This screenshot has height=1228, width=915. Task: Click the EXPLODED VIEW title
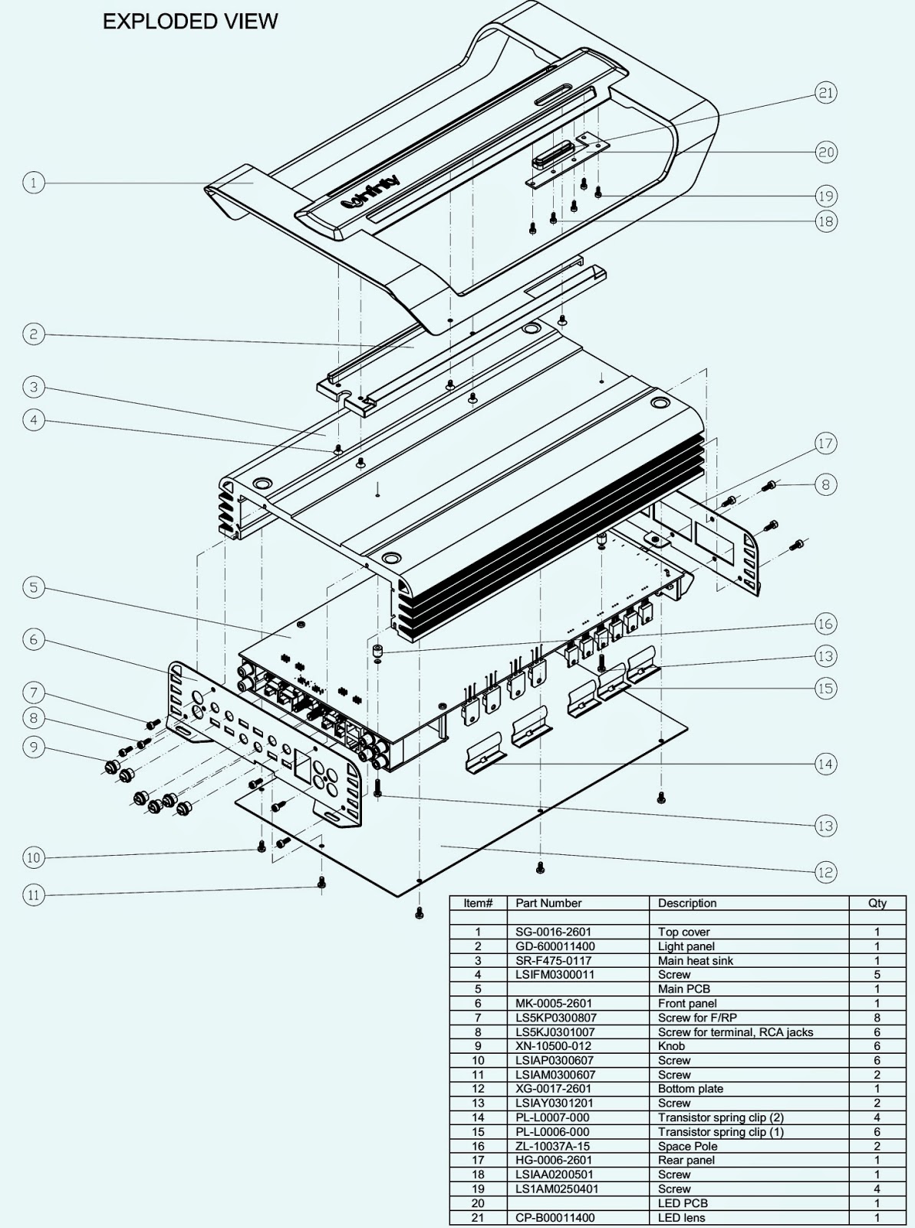(190, 21)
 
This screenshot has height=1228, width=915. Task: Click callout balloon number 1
(33, 183)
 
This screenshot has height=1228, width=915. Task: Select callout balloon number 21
(825, 93)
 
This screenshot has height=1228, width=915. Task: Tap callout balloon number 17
(825, 444)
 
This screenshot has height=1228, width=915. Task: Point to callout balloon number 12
(825, 872)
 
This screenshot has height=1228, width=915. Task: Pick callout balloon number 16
(825, 624)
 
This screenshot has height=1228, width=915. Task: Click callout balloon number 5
(33, 588)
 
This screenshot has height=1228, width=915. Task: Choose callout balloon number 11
(33, 895)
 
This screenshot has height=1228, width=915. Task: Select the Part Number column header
(548, 903)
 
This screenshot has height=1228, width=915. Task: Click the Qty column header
(877, 903)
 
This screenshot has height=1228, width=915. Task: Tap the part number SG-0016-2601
(554, 932)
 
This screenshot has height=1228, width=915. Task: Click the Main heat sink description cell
(695, 960)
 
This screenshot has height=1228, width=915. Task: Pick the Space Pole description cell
(687, 1146)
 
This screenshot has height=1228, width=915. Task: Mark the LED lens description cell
(681, 1217)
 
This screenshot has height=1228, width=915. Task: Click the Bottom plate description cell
(690, 1088)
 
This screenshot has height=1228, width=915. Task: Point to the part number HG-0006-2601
(554, 1160)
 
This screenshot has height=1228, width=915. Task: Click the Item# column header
(478, 903)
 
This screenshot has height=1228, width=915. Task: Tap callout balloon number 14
(825, 764)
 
